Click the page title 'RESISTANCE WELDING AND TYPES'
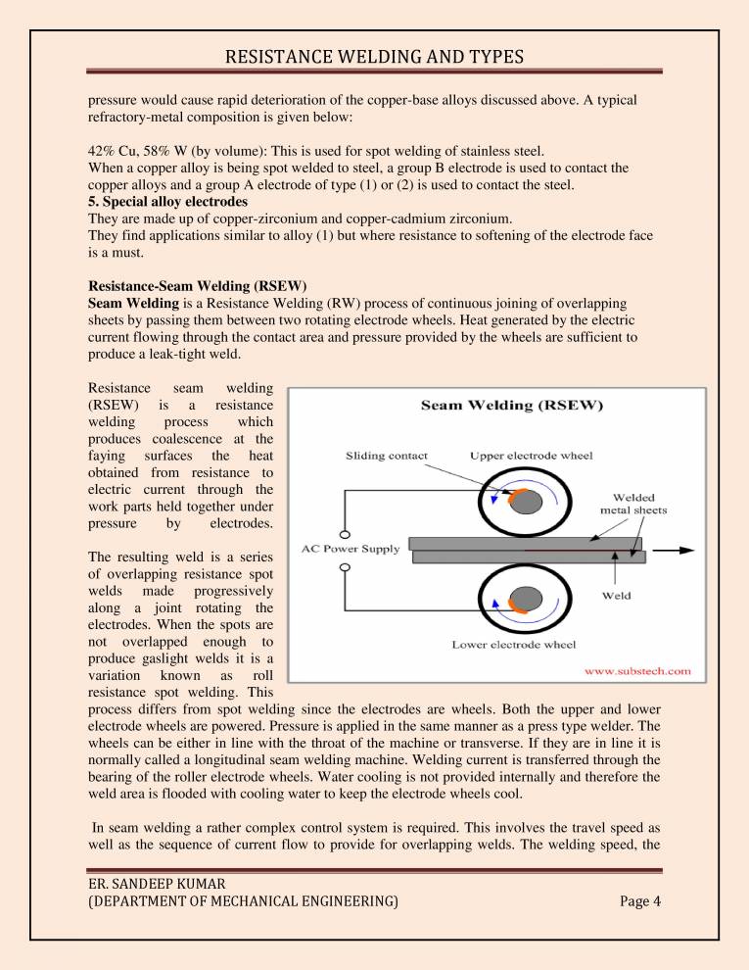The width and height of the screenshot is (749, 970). point(374,57)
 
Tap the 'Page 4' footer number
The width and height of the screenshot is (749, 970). point(640,900)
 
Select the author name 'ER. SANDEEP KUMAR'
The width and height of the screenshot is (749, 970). point(157,884)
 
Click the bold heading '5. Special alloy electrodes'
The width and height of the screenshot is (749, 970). point(167,202)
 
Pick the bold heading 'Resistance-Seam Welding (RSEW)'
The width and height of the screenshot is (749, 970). point(197,286)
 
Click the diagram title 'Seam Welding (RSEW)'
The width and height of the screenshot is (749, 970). point(512,406)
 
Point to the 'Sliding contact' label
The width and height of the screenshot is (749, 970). point(386,456)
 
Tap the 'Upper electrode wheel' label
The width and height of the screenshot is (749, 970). point(531,456)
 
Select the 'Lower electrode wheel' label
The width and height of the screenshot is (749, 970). point(514,645)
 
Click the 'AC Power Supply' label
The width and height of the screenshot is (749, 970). point(351,549)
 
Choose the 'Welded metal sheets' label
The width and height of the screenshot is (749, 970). point(633,504)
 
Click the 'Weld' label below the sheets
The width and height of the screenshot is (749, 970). point(616,596)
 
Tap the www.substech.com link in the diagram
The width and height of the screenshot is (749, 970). point(637,671)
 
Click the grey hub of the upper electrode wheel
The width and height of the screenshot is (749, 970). point(526,502)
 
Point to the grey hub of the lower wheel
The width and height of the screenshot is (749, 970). point(526,599)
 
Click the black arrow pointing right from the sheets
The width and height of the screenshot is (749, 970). point(674,550)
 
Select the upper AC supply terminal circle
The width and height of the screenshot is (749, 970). point(345,535)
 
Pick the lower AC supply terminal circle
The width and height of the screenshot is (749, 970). point(345,567)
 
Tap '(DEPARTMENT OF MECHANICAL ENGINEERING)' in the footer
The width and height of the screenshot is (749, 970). point(244,900)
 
